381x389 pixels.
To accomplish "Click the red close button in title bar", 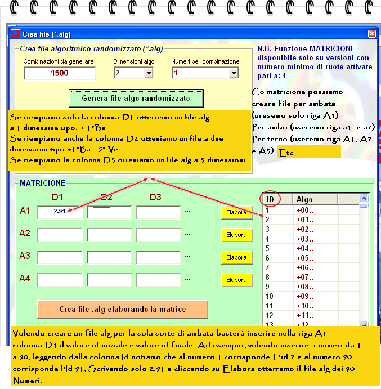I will [371, 34].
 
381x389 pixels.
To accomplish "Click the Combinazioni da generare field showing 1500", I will [60, 73].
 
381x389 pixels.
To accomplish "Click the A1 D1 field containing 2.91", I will [59, 212].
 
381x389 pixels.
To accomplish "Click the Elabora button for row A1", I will [236, 213].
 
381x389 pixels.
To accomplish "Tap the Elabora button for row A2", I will [236, 235].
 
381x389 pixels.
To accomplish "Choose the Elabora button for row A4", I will [236, 280].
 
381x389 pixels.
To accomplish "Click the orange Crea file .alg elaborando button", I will [123, 309].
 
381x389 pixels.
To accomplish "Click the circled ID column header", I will [271, 199].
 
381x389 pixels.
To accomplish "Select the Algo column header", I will [305, 199].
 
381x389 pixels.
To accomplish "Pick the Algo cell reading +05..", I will [305, 258].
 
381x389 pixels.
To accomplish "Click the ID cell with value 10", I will [270, 296].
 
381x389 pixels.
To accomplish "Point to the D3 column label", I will [155, 197].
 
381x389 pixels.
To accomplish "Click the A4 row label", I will [25, 278].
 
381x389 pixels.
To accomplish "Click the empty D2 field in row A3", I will [109, 257].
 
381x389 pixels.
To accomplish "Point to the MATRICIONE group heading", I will [42, 183].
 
